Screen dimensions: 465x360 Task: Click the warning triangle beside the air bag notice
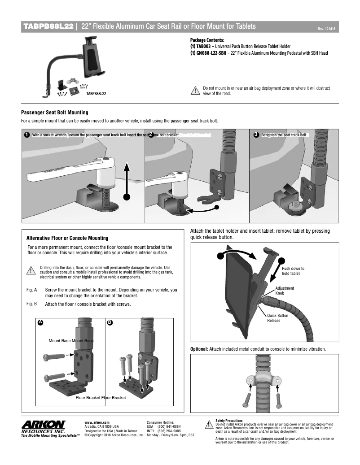pyautogui.click(x=195, y=91)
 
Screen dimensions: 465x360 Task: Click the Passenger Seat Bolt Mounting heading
pyautogui.click(x=55, y=113)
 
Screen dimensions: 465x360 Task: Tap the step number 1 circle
pyautogui.click(x=27, y=135)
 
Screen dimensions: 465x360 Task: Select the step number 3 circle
pyautogui.click(x=256, y=135)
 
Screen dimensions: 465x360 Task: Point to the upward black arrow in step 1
pyautogui.click(x=127, y=179)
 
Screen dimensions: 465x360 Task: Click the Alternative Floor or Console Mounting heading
pyautogui.click(x=67, y=238)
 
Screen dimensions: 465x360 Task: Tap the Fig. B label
pyautogui.click(x=32, y=304)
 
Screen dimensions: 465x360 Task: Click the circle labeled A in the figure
pyautogui.click(x=40, y=322)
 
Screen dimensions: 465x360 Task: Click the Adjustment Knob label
pyautogui.click(x=285, y=291)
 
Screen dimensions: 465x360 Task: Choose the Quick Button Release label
pyautogui.click(x=277, y=318)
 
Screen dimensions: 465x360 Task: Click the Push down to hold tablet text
pyautogui.click(x=293, y=270)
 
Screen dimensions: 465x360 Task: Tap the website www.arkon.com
pyautogui.click(x=97, y=422)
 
